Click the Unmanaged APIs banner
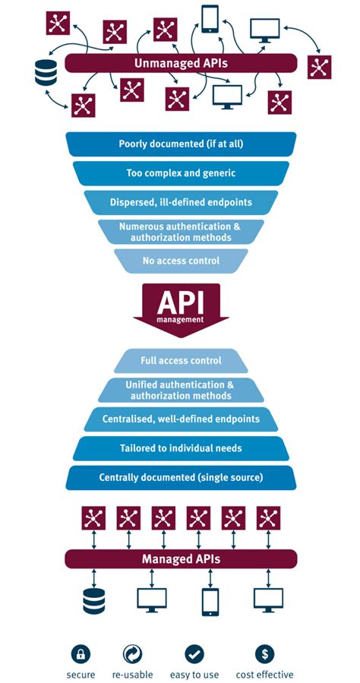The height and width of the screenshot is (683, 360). tap(181, 63)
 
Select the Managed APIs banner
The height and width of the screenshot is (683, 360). tap(181, 559)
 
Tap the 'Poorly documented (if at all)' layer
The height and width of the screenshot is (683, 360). tap(181, 144)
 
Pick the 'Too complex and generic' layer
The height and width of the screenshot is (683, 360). tap(181, 172)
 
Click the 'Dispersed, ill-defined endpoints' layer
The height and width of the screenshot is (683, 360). tap(181, 201)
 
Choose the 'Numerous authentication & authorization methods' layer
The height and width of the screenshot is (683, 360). tap(181, 231)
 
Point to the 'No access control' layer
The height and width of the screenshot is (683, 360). tap(181, 261)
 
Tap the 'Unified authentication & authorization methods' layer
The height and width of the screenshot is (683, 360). tap(181, 390)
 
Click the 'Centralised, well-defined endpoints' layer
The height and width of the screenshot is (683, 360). tap(181, 419)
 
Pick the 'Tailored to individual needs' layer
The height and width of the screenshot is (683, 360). tap(181, 448)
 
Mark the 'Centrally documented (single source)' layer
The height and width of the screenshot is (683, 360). tap(181, 478)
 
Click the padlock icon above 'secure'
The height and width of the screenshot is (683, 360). tap(81, 652)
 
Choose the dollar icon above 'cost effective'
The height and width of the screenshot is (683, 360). tap(265, 652)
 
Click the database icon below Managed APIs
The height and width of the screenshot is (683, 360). tap(93, 600)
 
